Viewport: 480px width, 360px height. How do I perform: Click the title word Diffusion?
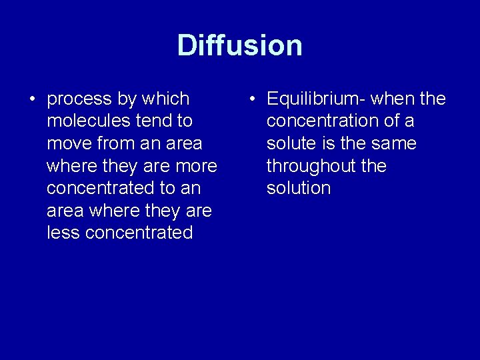click(x=240, y=45)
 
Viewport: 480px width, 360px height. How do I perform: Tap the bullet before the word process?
click(x=31, y=99)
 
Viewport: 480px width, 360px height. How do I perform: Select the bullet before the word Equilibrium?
click(x=251, y=99)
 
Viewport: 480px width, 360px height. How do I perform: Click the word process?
click(x=79, y=99)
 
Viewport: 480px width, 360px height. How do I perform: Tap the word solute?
click(x=293, y=143)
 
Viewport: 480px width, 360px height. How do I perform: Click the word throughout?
click(x=310, y=166)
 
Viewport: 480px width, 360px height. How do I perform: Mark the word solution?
click(x=298, y=188)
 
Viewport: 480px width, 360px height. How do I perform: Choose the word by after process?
click(x=126, y=99)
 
